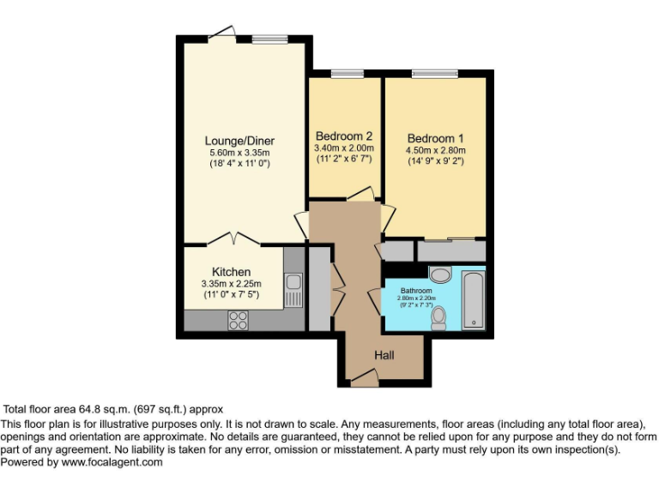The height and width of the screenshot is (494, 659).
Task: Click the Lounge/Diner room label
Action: pyautogui.click(x=239, y=141)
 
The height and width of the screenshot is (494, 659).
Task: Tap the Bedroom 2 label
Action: pyautogui.click(x=343, y=136)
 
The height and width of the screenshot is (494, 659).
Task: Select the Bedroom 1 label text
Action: pyautogui.click(x=435, y=138)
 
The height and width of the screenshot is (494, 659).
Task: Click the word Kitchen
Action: pyautogui.click(x=231, y=272)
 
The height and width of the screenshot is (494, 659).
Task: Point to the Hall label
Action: pyautogui.click(x=384, y=355)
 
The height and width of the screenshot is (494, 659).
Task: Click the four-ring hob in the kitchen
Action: pyautogui.click(x=237, y=320)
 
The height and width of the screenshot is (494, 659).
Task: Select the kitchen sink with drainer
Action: pyautogui.click(x=293, y=290)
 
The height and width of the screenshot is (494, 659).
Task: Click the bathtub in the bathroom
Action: pyautogui.click(x=474, y=300)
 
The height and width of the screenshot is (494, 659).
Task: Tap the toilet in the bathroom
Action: pyautogui.click(x=438, y=317)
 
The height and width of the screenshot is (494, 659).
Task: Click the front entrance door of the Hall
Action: pyautogui.click(x=363, y=374)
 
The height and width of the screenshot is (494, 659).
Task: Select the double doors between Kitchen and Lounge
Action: pyautogui.click(x=233, y=238)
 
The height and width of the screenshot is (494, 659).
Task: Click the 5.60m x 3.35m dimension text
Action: pyautogui.click(x=239, y=153)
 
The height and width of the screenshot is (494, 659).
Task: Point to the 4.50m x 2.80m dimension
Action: pyautogui.click(x=435, y=151)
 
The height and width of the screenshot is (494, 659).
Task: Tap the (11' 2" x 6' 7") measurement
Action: pyautogui.click(x=344, y=160)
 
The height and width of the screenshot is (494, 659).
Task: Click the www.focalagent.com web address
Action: pyautogui.click(x=112, y=461)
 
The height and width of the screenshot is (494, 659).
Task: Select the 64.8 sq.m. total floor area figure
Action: pyautogui.click(x=112, y=409)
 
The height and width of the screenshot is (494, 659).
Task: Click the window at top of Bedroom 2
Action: pyautogui.click(x=346, y=74)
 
